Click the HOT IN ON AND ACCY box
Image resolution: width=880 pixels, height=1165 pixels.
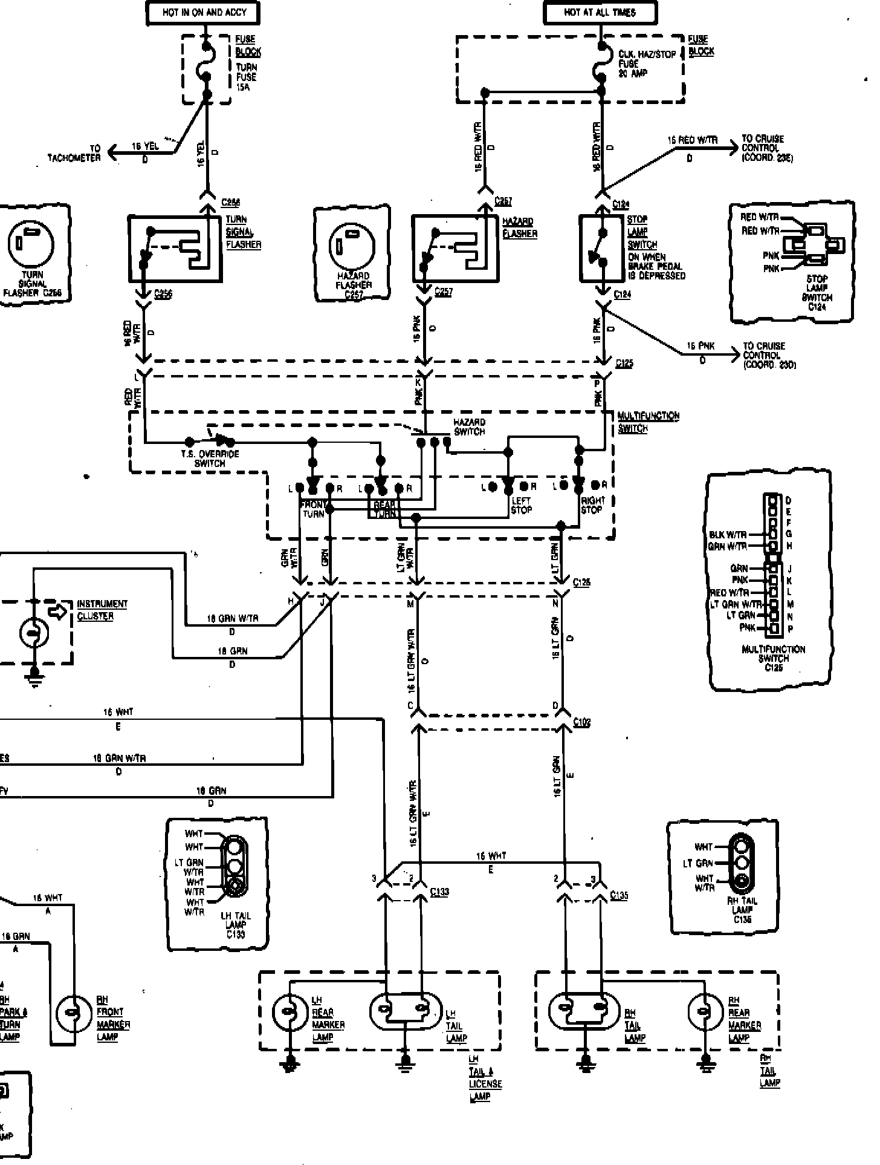pos(204,12)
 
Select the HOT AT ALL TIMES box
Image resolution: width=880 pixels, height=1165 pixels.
pos(600,12)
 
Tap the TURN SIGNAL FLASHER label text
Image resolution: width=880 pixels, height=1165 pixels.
pos(243,232)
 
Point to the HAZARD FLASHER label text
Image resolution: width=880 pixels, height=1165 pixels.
pos(519,228)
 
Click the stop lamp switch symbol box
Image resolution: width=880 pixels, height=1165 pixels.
pos(601,248)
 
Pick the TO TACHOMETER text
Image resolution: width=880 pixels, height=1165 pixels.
pos(74,154)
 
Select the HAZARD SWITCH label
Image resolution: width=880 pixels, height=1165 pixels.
pos(469,427)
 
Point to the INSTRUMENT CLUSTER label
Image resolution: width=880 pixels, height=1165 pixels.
pos(102,610)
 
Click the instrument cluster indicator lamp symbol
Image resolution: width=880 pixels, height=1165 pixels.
pos(34,633)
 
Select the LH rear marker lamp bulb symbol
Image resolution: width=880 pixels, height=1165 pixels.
pos(290,1011)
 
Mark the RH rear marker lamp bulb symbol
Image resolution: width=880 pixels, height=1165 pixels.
pos(705,1011)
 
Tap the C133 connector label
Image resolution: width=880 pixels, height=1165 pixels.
pos(439,892)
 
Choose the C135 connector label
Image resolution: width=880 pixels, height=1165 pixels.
pos(619,895)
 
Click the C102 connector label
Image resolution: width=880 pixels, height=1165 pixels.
pos(582,722)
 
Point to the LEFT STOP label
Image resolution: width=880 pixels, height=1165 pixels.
pos(521,505)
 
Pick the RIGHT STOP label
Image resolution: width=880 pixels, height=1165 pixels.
pos(592,505)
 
